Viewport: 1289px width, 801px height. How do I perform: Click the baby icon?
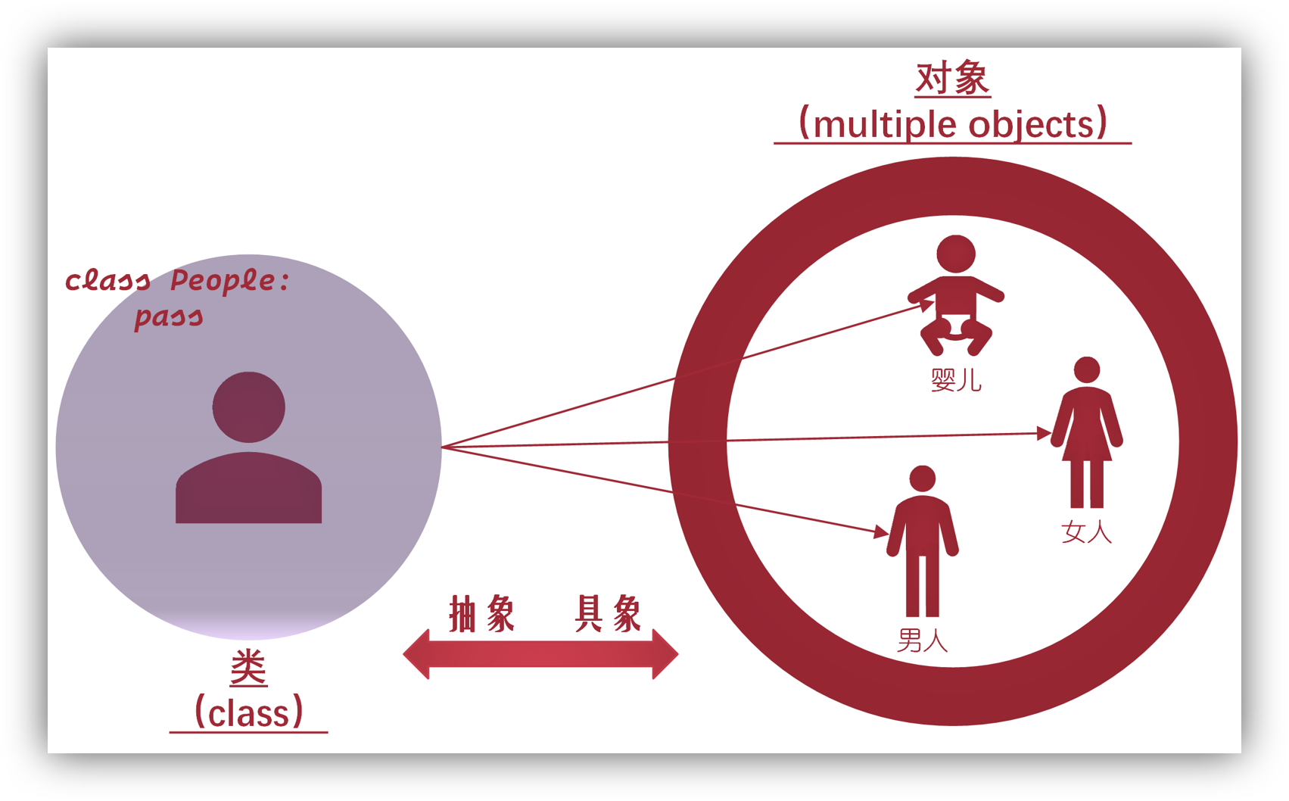[956, 295]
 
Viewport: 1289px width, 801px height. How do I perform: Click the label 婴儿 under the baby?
[956, 379]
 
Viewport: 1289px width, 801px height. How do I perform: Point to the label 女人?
[1087, 532]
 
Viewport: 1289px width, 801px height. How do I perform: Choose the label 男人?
[923, 641]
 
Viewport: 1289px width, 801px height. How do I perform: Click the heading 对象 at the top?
[952, 79]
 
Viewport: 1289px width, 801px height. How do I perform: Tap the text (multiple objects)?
[953, 124]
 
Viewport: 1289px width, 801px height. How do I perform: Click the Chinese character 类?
[248, 668]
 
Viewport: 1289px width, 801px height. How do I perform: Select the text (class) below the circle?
[249, 713]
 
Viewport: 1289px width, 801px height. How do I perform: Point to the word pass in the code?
[169, 316]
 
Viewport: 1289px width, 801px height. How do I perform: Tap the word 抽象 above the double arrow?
[482, 613]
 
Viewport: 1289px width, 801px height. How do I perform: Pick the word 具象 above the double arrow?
[608, 613]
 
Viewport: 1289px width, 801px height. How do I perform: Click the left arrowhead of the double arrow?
[417, 654]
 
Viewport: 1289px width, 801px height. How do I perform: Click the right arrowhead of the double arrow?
[665, 654]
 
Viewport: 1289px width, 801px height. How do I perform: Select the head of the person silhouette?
[248, 407]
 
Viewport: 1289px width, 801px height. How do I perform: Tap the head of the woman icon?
[1087, 369]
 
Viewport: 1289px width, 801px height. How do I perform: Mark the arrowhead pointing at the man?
[881, 532]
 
